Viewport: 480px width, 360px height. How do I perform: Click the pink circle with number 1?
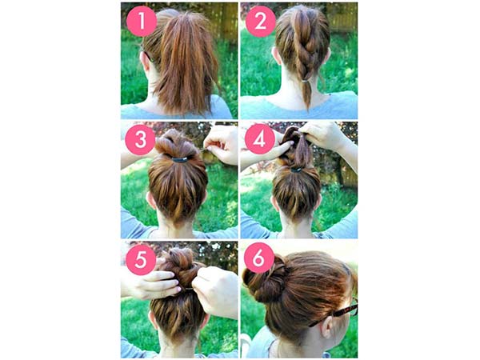142,22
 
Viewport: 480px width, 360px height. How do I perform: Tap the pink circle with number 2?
260,22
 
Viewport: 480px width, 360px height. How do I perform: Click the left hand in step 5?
149,282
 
